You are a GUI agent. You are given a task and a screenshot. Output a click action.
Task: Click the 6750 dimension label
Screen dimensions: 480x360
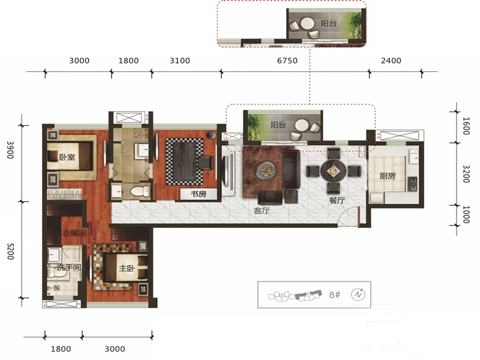click(x=287, y=61)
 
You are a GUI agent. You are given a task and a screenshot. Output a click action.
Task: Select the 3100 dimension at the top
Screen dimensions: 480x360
click(x=179, y=61)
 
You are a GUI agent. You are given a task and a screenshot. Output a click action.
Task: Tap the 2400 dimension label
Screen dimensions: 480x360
click(x=391, y=61)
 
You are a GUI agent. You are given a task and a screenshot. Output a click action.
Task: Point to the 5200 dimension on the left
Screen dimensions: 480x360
click(x=11, y=251)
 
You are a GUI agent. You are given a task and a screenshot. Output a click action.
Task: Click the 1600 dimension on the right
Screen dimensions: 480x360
click(x=466, y=126)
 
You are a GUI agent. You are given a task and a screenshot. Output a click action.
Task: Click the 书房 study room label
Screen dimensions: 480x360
click(x=199, y=194)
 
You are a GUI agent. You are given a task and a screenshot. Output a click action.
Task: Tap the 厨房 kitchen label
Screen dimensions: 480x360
click(x=387, y=176)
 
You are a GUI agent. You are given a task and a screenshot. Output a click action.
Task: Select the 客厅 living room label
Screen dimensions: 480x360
click(x=262, y=211)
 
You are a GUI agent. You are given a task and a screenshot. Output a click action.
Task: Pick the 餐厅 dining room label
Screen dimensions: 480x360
click(x=337, y=200)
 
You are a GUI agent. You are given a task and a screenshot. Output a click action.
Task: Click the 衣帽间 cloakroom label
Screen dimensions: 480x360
click(x=74, y=233)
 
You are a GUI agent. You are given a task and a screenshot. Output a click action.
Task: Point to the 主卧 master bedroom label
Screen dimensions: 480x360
click(x=127, y=268)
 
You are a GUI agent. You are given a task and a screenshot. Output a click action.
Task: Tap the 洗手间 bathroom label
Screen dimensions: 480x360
click(x=68, y=267)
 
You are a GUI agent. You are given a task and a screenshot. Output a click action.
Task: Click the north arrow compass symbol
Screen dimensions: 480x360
click(x=358, y=295)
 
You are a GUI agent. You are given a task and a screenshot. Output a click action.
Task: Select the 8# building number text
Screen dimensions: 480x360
click(x=335, y=295)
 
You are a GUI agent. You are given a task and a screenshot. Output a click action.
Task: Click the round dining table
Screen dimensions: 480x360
click(x=333, y=171)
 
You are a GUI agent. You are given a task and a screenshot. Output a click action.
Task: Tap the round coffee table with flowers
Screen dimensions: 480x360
click(x=266, y=170)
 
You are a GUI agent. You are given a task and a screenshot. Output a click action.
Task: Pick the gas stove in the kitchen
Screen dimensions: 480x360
click(x=412, y=184)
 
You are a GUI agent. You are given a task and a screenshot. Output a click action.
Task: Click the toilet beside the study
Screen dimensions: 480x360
click(x=140, y=191)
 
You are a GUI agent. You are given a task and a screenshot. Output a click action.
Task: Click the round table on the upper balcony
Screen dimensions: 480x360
click(x=307, y=23)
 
